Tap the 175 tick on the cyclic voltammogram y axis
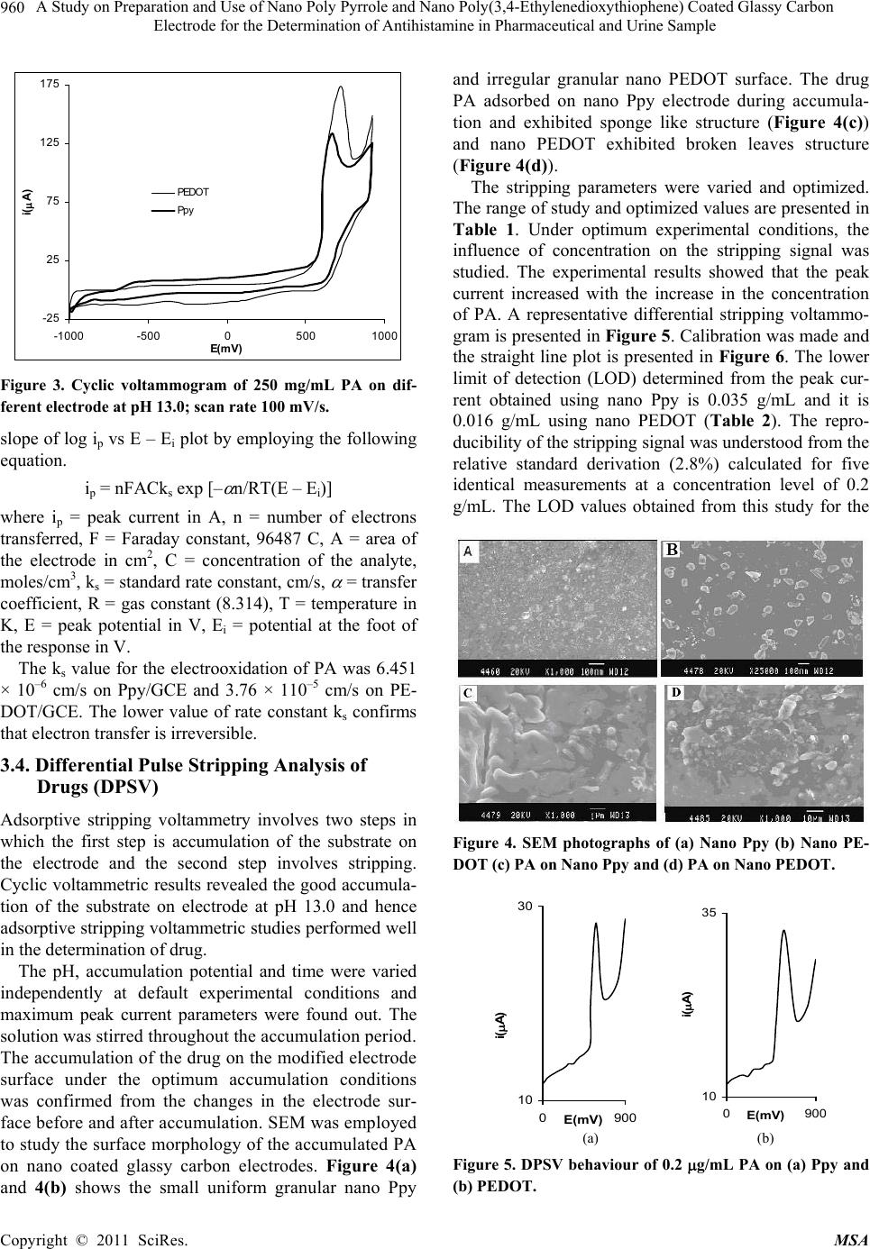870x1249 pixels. (x=50, y=83)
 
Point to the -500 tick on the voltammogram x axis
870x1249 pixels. (x=148, y=335)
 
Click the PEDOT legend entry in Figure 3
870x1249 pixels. (x=193, y=192)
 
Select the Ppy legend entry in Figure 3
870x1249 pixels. (x=186, y=210)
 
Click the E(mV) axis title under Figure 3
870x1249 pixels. (x=226, y=347)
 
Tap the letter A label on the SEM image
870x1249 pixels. (x=468, y=552)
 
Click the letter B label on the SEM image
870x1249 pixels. (x=672, y=549)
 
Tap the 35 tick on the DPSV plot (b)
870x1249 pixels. (x=708, y=913)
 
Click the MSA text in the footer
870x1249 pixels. (x=850, y=1240)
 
